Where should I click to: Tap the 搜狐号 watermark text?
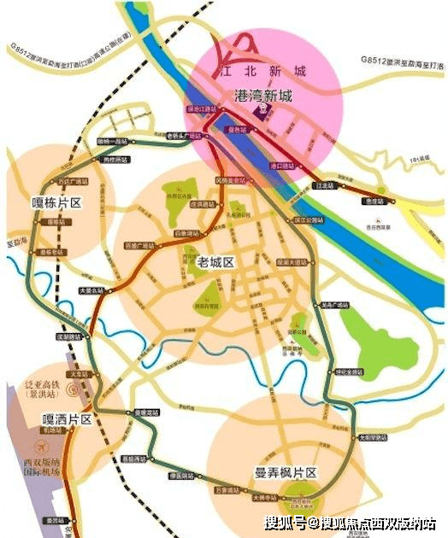tap(285, 523)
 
